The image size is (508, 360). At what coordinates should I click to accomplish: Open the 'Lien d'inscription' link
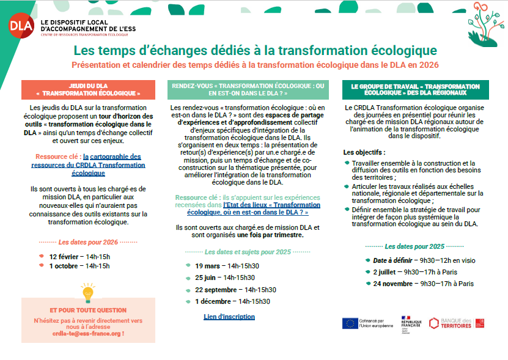(229, 317)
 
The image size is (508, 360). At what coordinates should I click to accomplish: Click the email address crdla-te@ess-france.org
(88, 333)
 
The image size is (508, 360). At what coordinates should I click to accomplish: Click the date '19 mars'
(207, 266)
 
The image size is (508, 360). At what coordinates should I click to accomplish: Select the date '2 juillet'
(388, 272)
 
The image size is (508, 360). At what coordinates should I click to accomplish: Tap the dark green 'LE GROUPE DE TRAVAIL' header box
(415, 90)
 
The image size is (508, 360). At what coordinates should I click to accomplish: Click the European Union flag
(350, 323)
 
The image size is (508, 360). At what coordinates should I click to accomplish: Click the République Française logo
(411, 323)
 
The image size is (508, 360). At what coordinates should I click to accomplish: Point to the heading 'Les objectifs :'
(364, 152)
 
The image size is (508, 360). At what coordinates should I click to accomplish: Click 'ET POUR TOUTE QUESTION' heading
(88, 310)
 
